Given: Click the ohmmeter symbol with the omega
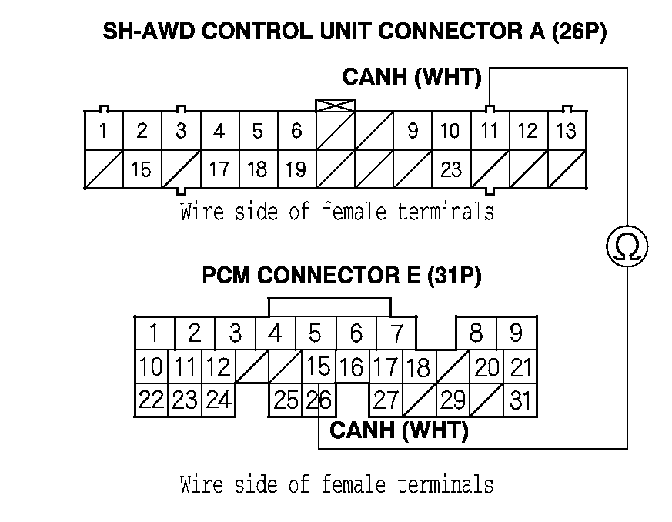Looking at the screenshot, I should (627, 246).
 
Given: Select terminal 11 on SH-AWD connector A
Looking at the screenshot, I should (489, 131).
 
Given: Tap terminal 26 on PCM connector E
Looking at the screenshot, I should (314, 400).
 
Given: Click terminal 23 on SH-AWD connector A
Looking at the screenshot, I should (450, 169).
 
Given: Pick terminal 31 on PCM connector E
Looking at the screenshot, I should (520, 400).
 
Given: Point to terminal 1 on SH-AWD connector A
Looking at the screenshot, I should (102, 131).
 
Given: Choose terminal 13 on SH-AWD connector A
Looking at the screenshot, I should (566, 131).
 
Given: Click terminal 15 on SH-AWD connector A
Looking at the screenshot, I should (141, 169).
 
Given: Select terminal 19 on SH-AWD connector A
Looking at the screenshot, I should (296, 169).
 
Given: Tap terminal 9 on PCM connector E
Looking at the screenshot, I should (516, 333).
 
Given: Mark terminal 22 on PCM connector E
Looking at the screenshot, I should (152, 400).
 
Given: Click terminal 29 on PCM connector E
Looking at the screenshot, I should (453, 400).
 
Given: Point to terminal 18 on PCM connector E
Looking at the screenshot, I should (418, 367).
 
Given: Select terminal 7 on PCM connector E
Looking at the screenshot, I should (396, 333).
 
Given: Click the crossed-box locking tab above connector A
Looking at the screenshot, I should (335, 105).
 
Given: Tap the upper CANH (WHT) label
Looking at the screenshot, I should (412, 78).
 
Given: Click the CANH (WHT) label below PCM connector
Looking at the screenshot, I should (399, 430).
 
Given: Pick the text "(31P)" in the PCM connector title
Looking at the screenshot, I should (454, 275).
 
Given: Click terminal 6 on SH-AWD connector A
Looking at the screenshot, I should (296, 131).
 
